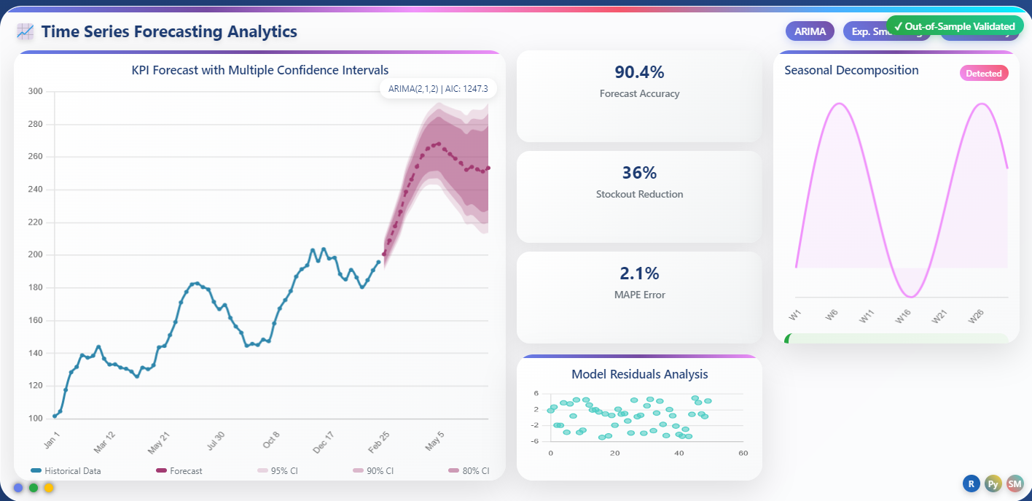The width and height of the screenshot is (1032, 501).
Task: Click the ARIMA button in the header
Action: [x=809, y=31]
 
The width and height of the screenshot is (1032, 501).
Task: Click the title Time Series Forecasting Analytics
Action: [x=169, y=31]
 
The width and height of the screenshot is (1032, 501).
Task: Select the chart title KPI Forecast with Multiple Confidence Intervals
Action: [x=259, y=70]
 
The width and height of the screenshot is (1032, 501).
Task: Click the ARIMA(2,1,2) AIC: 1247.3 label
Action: [x=438, y=89]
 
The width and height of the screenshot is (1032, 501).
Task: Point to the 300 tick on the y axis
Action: [x=35, y=91]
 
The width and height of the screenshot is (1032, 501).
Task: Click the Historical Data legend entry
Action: [x=66, y=471]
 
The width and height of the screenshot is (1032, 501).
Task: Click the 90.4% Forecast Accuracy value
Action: [x=639, y=72]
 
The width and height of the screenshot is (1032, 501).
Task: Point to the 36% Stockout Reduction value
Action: [x=639, y=173]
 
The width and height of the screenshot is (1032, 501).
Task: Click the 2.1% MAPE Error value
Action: [x=639, y=273]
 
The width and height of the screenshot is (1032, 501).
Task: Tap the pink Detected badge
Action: [x=983, y=73]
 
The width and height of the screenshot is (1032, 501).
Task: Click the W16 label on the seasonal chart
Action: [x=903, y=316]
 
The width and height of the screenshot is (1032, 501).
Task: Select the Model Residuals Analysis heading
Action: [x=639, y=374]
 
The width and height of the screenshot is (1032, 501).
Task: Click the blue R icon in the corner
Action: [x=971, y=483]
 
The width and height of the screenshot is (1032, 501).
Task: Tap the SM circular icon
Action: [x=1015, y=483]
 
